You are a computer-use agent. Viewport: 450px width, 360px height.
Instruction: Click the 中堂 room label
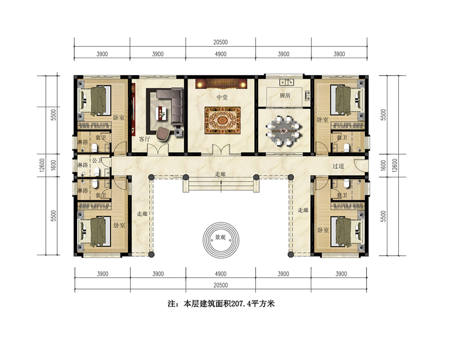click(222, 97)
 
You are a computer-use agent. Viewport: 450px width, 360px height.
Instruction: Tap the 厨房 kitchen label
click(285, 95)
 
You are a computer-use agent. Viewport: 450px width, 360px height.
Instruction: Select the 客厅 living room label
click(144, 139)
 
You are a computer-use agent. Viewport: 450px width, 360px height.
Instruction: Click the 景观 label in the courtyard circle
click(220, 237)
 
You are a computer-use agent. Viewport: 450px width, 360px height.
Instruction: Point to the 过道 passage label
click(338, 166)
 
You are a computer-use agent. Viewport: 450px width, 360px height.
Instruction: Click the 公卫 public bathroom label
click(97, 161)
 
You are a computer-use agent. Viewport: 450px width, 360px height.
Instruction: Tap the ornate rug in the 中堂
click(222, 120)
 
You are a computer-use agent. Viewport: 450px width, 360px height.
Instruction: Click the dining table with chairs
click(284, 131)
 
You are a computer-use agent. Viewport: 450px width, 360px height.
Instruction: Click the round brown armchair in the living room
click(163, 134)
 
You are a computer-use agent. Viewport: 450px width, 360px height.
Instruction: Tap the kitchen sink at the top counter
click(286, 83)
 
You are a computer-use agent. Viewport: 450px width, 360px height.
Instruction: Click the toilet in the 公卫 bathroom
click(97, 171)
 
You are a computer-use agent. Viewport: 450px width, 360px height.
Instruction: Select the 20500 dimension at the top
click(220, 42)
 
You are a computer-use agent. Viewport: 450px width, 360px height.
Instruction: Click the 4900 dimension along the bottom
click(220, 274)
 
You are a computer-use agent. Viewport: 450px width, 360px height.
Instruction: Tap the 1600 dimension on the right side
click(383, 166)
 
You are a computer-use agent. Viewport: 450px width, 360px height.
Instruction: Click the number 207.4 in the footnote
click(240, 304)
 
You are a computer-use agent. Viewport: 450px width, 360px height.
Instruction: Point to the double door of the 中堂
click(221, 150)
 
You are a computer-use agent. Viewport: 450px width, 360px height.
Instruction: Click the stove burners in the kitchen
click(307, 95)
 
